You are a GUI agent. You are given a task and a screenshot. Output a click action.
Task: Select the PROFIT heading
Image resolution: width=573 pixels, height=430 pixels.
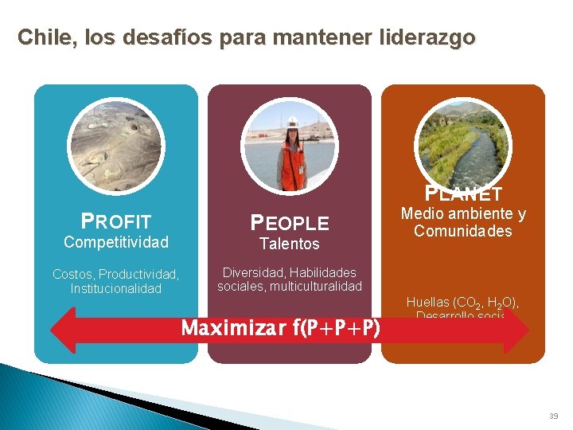[x=116, y=221]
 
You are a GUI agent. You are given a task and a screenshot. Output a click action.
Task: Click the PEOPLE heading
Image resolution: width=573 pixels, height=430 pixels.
[x=290, y=223]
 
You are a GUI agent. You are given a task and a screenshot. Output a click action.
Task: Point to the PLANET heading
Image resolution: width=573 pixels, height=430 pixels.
[x=463, y=193]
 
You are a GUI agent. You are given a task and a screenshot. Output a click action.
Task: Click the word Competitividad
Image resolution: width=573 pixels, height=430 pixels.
[x=116, y=241]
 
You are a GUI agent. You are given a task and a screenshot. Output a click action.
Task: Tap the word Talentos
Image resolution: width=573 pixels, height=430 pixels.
[x=290, y=244]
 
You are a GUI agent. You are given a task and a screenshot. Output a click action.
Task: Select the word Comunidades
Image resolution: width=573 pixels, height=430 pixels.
[x=463, y=232]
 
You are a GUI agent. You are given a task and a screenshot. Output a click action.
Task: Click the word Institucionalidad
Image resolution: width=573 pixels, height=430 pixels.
[x=116, y=288]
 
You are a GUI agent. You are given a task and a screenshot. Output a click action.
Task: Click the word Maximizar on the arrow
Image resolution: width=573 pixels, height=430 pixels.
[x=230, y=328]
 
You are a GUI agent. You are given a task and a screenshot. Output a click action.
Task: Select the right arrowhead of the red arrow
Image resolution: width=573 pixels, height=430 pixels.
[x=517, y=329]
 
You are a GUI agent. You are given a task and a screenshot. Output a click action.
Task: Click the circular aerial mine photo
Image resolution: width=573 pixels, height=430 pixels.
[x=116, y=143]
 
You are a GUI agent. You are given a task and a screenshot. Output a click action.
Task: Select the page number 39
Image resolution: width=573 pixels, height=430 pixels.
[x=553, y=416]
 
